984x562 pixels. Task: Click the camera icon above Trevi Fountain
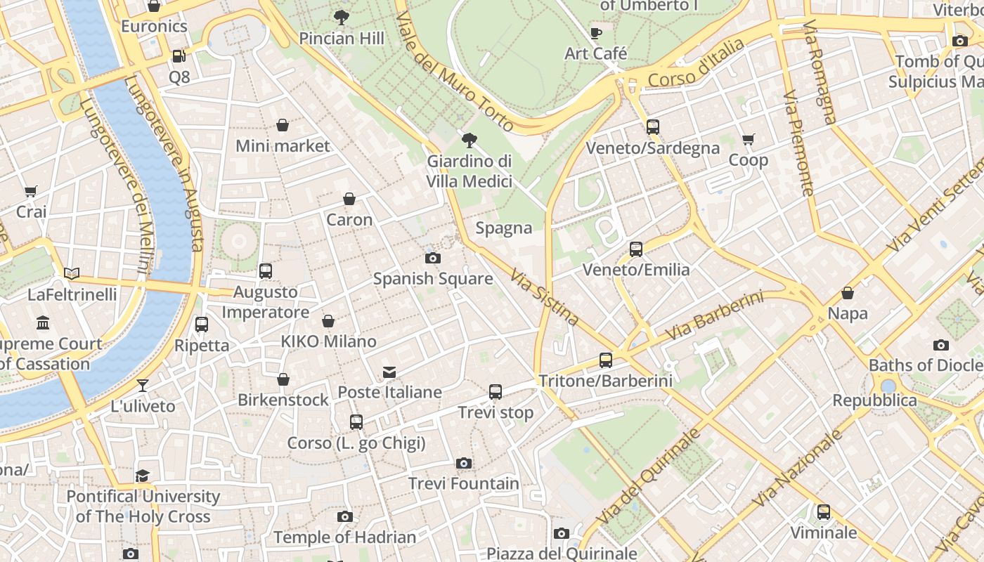tap(463, 463)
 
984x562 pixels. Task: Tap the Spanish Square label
tap(432, 279)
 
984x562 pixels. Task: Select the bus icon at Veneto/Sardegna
tap(653, 127)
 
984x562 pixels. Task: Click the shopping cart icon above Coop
tap(748, 140)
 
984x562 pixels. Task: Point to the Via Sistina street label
tap(545, 297)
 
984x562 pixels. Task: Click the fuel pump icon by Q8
tap(179, 55)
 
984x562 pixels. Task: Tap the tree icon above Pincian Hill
tap(342, 17)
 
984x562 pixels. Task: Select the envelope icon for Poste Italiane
tap(389, 372)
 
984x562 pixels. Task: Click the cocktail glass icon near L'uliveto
tap(143, 385)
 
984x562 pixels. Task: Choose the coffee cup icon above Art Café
tap(595, 33)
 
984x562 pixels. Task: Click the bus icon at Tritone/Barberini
tap(606, 360)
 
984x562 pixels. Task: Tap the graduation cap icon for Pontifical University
tap(143, 476)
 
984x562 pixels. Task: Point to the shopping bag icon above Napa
tap(848, 293)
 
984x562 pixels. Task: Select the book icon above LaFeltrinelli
tap(72, 273)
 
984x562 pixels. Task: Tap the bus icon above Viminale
tap(823, 511)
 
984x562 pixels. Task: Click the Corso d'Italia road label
tap(696, 63)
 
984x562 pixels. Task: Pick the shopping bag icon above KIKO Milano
tap(328, 321)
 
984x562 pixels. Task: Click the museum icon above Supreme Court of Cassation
tap(43, 323)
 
